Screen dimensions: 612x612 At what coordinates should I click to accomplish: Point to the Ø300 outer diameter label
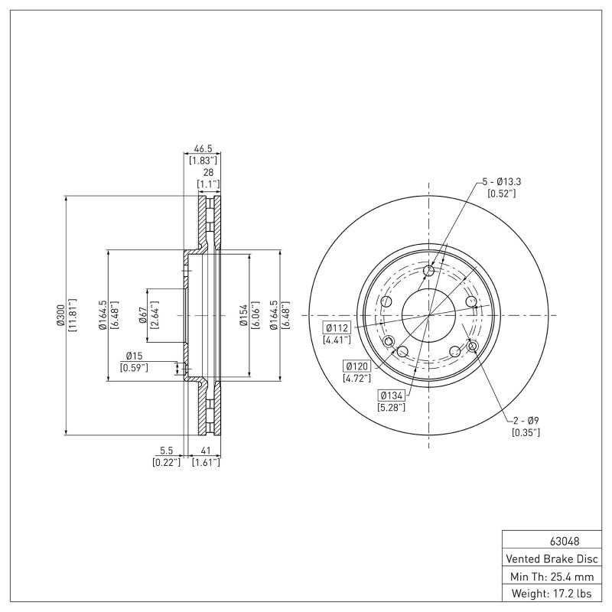tap(59, 315)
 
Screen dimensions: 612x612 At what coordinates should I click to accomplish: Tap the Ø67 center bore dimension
tap(142, 315)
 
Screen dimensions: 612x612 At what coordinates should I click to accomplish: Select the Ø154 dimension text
tap(243, 315)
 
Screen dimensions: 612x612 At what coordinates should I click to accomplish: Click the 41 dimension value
tap(206, 451)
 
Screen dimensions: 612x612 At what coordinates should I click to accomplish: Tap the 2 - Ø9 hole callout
tap(526, 420)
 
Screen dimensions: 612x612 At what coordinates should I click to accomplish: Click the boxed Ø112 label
tap(337, 327)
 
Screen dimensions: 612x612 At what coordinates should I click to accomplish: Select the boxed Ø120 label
tap(357, 366)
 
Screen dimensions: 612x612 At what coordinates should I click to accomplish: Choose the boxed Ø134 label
tap(391, 395)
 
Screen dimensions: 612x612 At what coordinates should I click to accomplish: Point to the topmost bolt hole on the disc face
tap(428, 272)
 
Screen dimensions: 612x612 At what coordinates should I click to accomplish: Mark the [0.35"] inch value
tap(526, 432)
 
